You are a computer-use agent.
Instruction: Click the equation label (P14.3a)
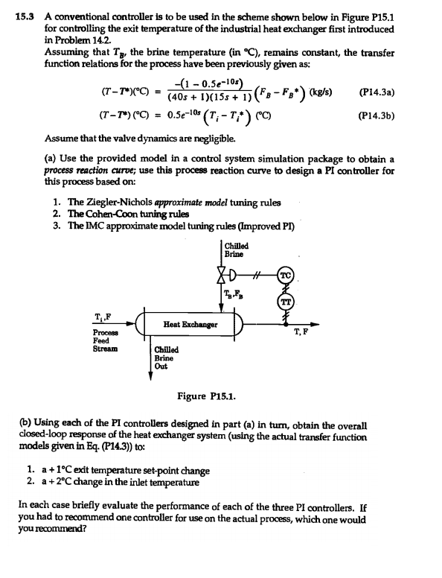coord(377,94)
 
